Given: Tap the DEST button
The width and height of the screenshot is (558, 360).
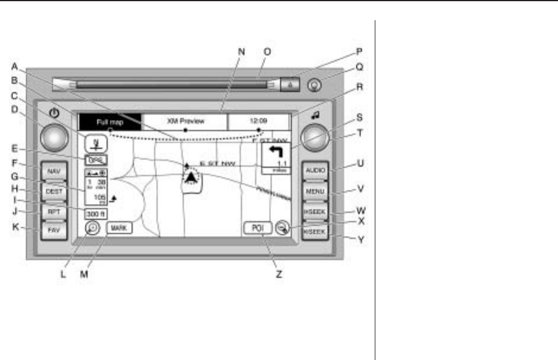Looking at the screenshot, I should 53,192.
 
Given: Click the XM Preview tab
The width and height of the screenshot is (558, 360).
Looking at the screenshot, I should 186,121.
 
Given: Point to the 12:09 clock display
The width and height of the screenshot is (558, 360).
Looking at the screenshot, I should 259,121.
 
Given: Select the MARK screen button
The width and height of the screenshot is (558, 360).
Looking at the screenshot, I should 119,227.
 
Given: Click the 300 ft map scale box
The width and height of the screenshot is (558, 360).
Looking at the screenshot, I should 95,214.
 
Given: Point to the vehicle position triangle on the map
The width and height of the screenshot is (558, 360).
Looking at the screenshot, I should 190,177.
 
